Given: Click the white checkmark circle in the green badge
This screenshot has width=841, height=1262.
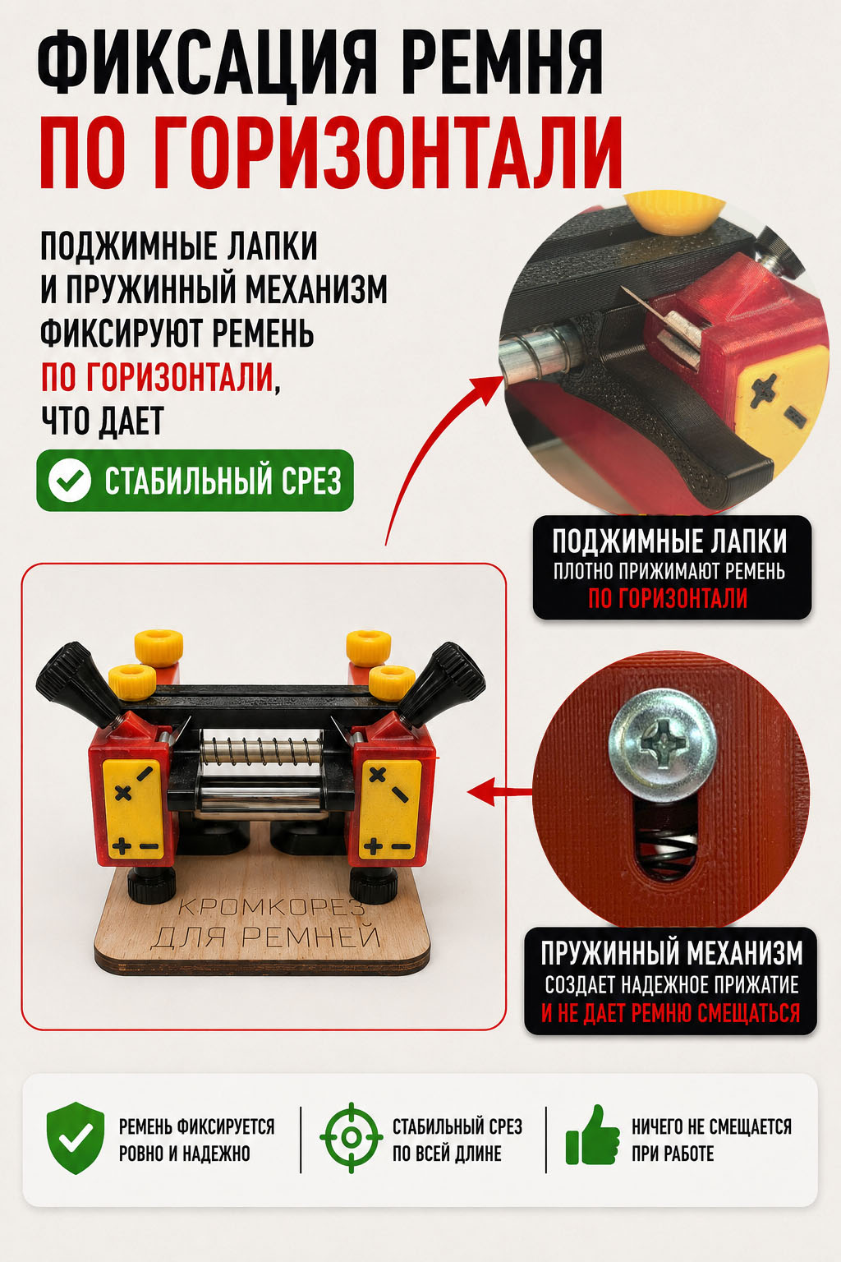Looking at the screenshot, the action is [69, 481].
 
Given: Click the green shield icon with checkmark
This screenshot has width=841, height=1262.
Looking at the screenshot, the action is [76, 1139].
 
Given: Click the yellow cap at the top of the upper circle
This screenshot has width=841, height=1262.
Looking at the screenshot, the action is [678, 213].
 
